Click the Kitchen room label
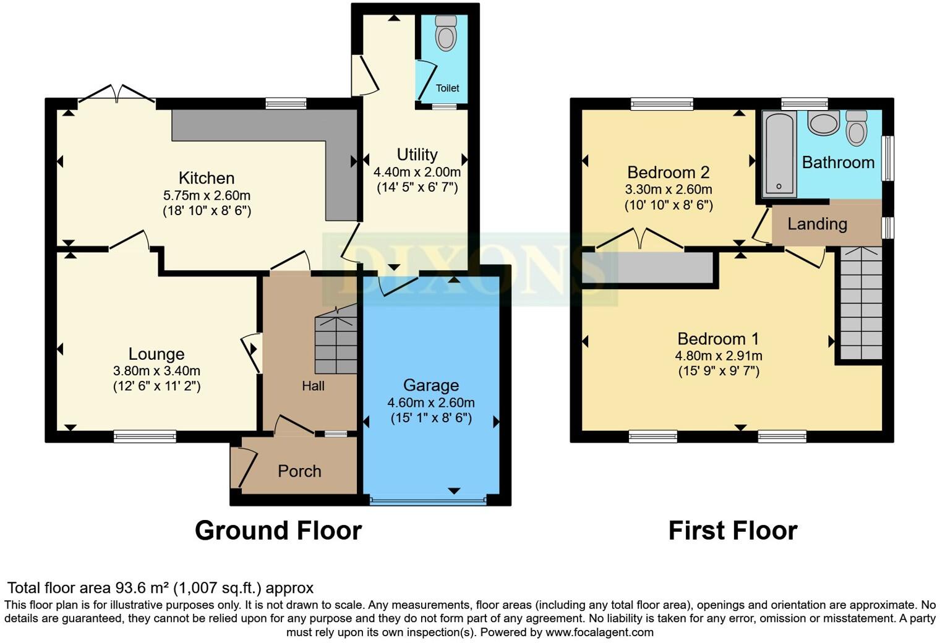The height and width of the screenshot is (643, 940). [207, 178]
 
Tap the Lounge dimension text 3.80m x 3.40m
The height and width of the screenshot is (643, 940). [156, 371]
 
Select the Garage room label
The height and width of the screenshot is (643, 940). [431, 385]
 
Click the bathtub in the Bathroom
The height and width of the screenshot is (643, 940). [779, 154]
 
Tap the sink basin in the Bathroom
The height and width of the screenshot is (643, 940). [823, 122]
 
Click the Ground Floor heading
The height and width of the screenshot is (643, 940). [278, 530]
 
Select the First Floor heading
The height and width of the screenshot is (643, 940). [733, 530]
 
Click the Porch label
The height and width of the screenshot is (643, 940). [299, 471]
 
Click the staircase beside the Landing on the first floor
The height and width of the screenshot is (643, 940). [860, 303]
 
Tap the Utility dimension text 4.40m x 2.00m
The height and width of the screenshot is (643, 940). [417, 172]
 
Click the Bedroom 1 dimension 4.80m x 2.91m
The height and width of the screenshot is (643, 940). [718, 356]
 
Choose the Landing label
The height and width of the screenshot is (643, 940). [817, 224]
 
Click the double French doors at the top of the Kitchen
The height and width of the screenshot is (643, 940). [116, 94]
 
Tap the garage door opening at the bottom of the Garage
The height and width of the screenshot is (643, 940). [428, 499]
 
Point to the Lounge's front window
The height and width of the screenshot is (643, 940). [145, 436]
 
